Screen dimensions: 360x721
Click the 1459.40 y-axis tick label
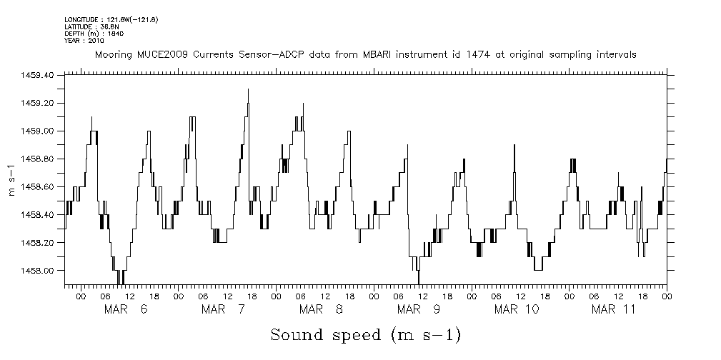[40, 75]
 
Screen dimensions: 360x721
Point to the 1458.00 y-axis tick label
[40, 271]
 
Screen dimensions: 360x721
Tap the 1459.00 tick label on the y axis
[40, 131]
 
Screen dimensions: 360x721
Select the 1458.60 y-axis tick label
[40, 187]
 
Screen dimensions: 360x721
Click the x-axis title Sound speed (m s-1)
[365, 334]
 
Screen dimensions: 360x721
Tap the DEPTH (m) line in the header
[89, 34]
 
